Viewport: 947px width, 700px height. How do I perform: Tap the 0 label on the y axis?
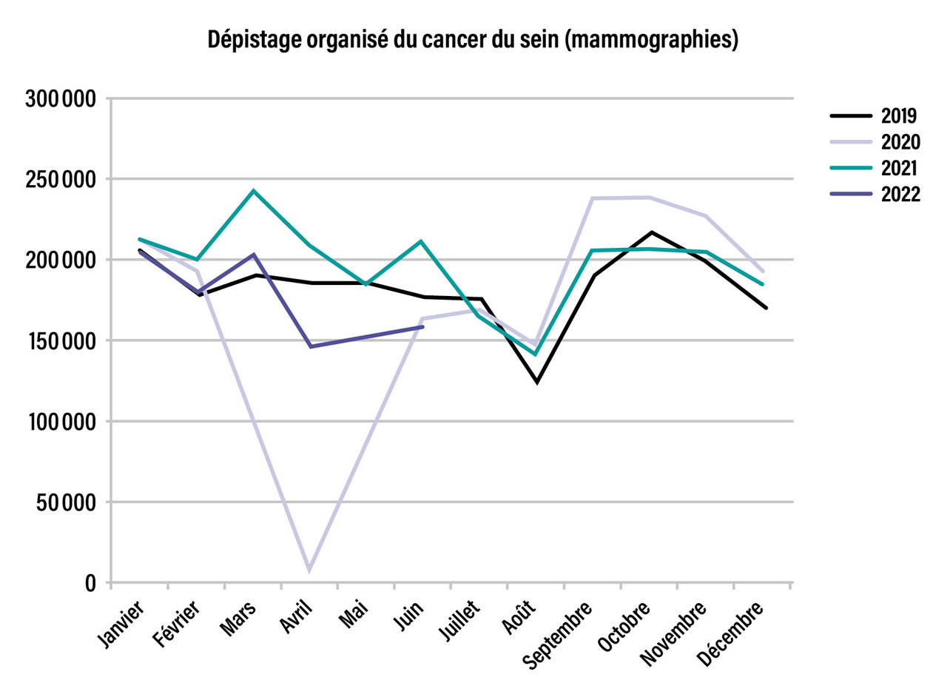click(90, 584)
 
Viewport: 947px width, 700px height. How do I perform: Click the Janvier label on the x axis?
click(123, 626)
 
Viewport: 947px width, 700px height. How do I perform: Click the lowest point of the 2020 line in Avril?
click(309, 571)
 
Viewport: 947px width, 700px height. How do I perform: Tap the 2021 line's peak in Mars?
click(254, 191)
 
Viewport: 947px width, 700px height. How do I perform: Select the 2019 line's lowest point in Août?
click(537, 382)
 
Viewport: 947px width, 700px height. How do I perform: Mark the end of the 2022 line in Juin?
click(422, 326)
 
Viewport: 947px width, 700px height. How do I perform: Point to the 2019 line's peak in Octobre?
click(651, 232)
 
